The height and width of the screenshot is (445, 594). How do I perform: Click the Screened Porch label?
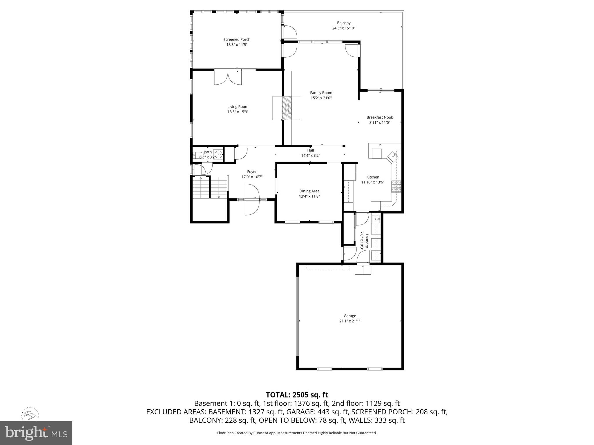pos(237,39)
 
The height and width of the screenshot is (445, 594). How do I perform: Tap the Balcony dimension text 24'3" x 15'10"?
pos(344,28)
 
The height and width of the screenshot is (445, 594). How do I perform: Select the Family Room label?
pos(321,93)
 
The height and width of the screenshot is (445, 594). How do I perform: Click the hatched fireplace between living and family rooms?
pos(287,108)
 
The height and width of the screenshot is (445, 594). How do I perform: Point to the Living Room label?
pos(238,107)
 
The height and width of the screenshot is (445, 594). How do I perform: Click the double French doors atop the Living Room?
pos(228,77)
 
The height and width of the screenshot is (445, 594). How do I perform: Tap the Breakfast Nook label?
pos(380,117)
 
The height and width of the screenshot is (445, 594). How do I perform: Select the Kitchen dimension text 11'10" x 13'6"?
pos(373,182)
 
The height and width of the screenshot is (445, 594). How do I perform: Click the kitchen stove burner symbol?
pos(396,186)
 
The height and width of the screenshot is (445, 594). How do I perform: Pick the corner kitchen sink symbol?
pos(393,157)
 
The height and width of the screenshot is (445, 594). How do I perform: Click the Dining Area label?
pos(309,191)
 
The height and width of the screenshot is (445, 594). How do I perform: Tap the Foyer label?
pos(252,172)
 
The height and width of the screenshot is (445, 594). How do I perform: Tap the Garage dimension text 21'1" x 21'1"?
pos(350,321)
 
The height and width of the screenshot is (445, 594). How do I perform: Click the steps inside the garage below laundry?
pos(363,270)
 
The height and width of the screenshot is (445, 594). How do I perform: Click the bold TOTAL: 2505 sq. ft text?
pos(297,395)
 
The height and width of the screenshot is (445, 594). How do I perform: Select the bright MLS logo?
pos(36,433)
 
